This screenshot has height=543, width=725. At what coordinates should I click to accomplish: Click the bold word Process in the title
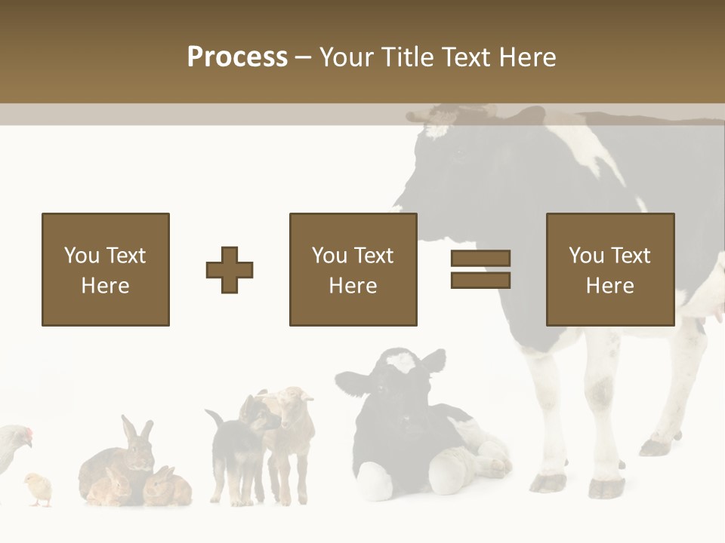[237, 57]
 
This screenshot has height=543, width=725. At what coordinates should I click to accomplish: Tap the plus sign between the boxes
[230, 270]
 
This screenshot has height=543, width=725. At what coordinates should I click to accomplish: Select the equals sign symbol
[480, 269]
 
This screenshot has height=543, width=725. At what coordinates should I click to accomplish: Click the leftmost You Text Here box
[105, 269]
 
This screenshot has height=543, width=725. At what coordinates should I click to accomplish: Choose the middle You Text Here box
[353, 269]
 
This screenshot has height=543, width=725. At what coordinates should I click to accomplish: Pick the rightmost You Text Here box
[609, 269]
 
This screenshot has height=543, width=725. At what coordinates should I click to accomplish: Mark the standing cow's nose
[399, 202]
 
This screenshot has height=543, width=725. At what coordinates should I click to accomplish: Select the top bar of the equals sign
[480, 259]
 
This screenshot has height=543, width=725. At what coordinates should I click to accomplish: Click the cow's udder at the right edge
[714, 302]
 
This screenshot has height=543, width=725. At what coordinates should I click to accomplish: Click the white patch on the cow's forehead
[436, 129]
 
